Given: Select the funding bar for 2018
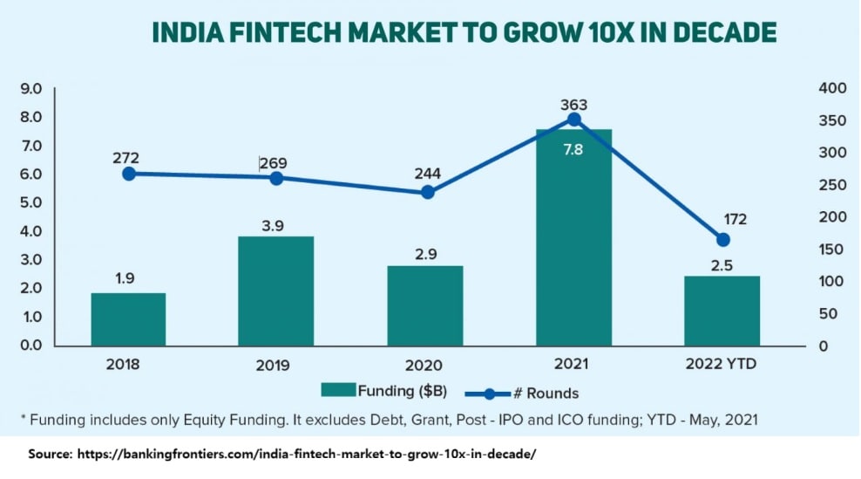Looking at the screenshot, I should coord(128,319).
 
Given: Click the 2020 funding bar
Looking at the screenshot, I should coord(425,305).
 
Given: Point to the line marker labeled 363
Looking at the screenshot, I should coord(573,120).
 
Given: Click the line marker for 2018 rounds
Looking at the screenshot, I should coord(128,174).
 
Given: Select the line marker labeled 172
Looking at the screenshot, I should coord(722,240).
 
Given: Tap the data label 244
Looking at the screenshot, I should coord(426,173).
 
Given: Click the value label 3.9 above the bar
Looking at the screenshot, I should coord(276,224).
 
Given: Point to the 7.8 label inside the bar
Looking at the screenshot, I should coord(573,149).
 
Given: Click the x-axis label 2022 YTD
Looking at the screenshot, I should coord(722,364).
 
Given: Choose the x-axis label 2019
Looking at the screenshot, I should coord(276,365).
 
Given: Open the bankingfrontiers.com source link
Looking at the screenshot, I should coord(306,455).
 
